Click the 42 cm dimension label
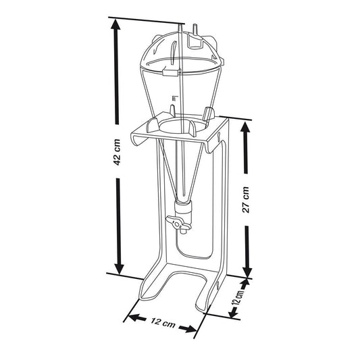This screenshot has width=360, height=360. [x=117, y=152]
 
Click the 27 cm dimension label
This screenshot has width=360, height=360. [x=246, y=199]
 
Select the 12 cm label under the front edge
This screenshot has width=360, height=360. [x=163, y=323]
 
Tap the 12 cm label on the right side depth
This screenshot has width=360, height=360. [x=238, y=297]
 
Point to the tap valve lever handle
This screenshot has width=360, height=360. [x=178, y=223]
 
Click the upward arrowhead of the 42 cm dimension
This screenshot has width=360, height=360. [x=115, y=24]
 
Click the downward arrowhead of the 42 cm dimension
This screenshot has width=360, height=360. [x=119, y=269]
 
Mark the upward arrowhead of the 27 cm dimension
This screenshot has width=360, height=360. [x=245, y=128]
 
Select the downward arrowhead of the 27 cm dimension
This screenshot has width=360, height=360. [x=247, y=272]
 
